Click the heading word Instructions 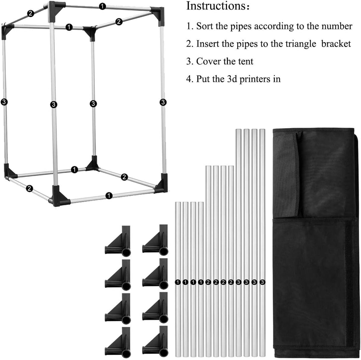click(x=216, y=6)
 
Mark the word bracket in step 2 click(x=336, y=43)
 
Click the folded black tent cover click(x=316, y=242)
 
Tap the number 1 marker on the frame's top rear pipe click(x=102, y=6)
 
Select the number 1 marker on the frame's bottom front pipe click(x=109, y=196)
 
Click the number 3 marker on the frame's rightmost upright click(x=163, y=102)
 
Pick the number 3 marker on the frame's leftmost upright click(x=4, y=102)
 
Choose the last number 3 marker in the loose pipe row click(x=262, y=282)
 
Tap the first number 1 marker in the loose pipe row click(x=178, y=282)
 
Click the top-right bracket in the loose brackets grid click(x=155, y=240)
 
